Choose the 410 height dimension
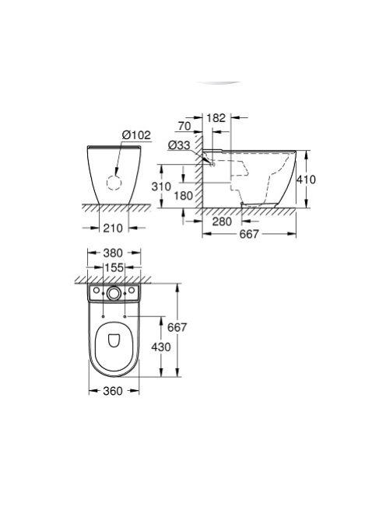click(x=310, y=177)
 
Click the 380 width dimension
click(x=114, y=253)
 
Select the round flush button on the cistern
click(x=114, y=294)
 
